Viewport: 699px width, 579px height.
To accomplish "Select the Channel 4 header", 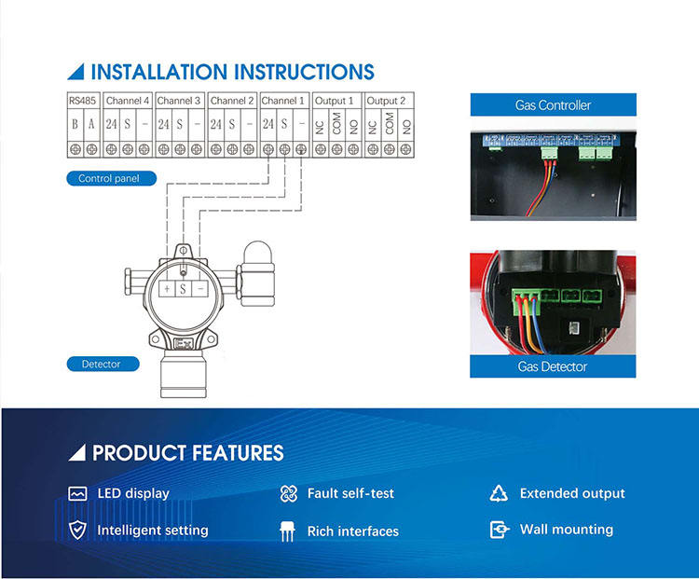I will coord(127,101).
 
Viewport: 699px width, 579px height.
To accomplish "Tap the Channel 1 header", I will coord(282,101).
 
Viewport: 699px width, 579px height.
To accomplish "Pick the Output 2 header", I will coord(387,101).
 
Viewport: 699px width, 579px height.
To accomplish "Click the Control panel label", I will coord(108,178).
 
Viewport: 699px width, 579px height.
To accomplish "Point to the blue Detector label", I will coord(101,364).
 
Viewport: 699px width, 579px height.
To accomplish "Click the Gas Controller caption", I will coord(553,105).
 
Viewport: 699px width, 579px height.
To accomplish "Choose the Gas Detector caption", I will coord(553,366).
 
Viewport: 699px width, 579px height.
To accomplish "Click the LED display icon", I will coord(78,493).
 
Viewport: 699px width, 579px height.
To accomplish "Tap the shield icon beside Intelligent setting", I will coord(78,530).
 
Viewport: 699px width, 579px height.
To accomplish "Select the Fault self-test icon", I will coord(289,493).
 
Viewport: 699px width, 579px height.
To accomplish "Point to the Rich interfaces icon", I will coord(289,531).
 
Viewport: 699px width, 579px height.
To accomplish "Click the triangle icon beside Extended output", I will coord(499,493).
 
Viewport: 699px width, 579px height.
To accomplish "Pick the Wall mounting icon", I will coord(500,530).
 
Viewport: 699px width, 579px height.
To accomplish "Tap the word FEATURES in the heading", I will coord(239,454).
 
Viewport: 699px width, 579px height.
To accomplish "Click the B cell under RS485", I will coord(75,124).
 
